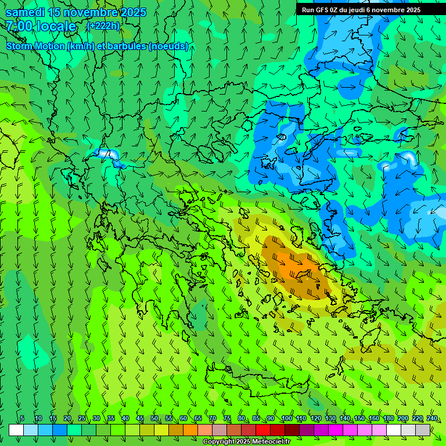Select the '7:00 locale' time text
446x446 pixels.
41,27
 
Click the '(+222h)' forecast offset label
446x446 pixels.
103,26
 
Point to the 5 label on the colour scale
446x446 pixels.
22,418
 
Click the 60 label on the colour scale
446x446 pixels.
183,418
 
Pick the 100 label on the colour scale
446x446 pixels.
286,418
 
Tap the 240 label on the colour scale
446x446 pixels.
431,418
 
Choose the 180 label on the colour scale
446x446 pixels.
388,418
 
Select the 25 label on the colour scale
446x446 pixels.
82,418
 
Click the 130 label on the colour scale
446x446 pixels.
330,418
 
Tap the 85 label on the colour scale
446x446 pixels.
256,418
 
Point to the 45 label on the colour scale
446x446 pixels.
140,418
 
